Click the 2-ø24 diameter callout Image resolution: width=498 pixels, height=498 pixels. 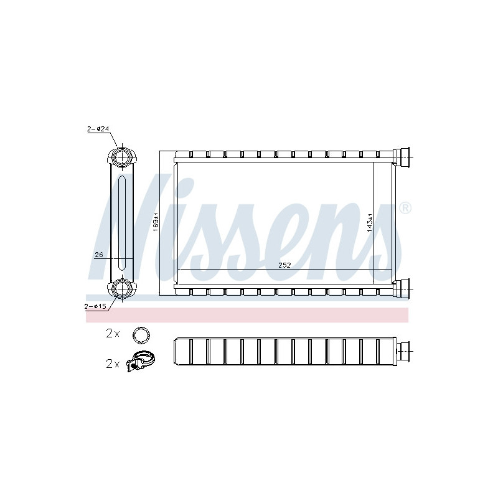[x=98, y=129]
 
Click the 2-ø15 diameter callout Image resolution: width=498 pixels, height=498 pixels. [x=97, y=306]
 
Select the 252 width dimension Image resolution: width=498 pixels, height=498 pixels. [x=284, y=264]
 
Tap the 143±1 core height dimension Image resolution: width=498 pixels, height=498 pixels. [x=370, y=222]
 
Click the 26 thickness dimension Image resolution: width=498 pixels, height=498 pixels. [x=98, y=254]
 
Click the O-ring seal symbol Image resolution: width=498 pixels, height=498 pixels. [x=142, y=335]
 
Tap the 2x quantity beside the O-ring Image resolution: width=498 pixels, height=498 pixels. [x=112, y=334]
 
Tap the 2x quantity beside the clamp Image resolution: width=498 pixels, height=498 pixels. [x=112, y=364]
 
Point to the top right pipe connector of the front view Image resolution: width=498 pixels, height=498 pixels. [x=403, y=156]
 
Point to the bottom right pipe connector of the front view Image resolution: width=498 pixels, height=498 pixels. [x=403, y=287]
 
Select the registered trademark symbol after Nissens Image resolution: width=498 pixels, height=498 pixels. [x=405, y=208]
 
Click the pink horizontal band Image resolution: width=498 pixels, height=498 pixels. [x=249, y=315]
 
